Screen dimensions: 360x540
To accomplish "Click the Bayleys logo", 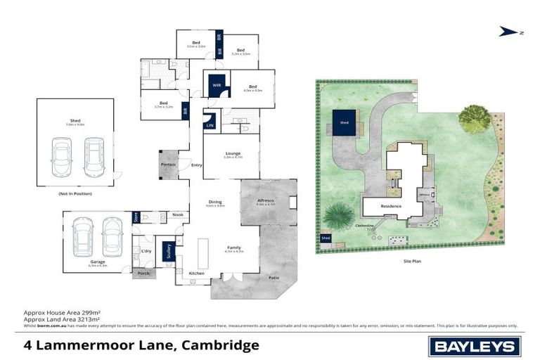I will [475, 346].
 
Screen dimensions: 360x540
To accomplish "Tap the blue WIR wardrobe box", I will [217, 86].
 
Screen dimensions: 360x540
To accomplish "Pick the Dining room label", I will [214, 203].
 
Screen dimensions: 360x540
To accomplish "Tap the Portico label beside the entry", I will [169, 165].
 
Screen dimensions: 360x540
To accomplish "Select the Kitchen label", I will [196, 273].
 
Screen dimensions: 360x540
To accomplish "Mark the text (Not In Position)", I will [75, 193].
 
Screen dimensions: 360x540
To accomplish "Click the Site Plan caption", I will [413, 261].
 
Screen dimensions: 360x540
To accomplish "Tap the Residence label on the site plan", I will [391, 206].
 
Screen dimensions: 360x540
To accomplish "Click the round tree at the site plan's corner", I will [475, 118].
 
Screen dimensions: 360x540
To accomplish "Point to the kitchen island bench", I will [204, 249].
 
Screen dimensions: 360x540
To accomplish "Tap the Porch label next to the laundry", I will [143, 273].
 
